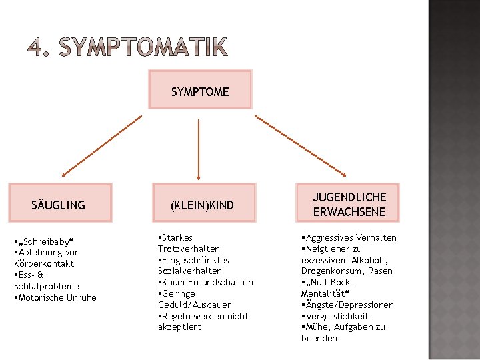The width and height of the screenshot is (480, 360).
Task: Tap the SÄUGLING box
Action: (59, 203)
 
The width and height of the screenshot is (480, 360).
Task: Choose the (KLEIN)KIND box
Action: (203, 204)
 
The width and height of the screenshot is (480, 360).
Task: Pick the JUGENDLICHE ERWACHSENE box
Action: (349, 203)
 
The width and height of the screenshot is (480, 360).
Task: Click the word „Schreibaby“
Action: (43, 241)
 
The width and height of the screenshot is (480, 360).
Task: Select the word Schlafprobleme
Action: (47, 287)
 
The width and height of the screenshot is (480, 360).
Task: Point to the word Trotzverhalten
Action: (189, 249)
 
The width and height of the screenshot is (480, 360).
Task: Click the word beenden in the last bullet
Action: (319, 339)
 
